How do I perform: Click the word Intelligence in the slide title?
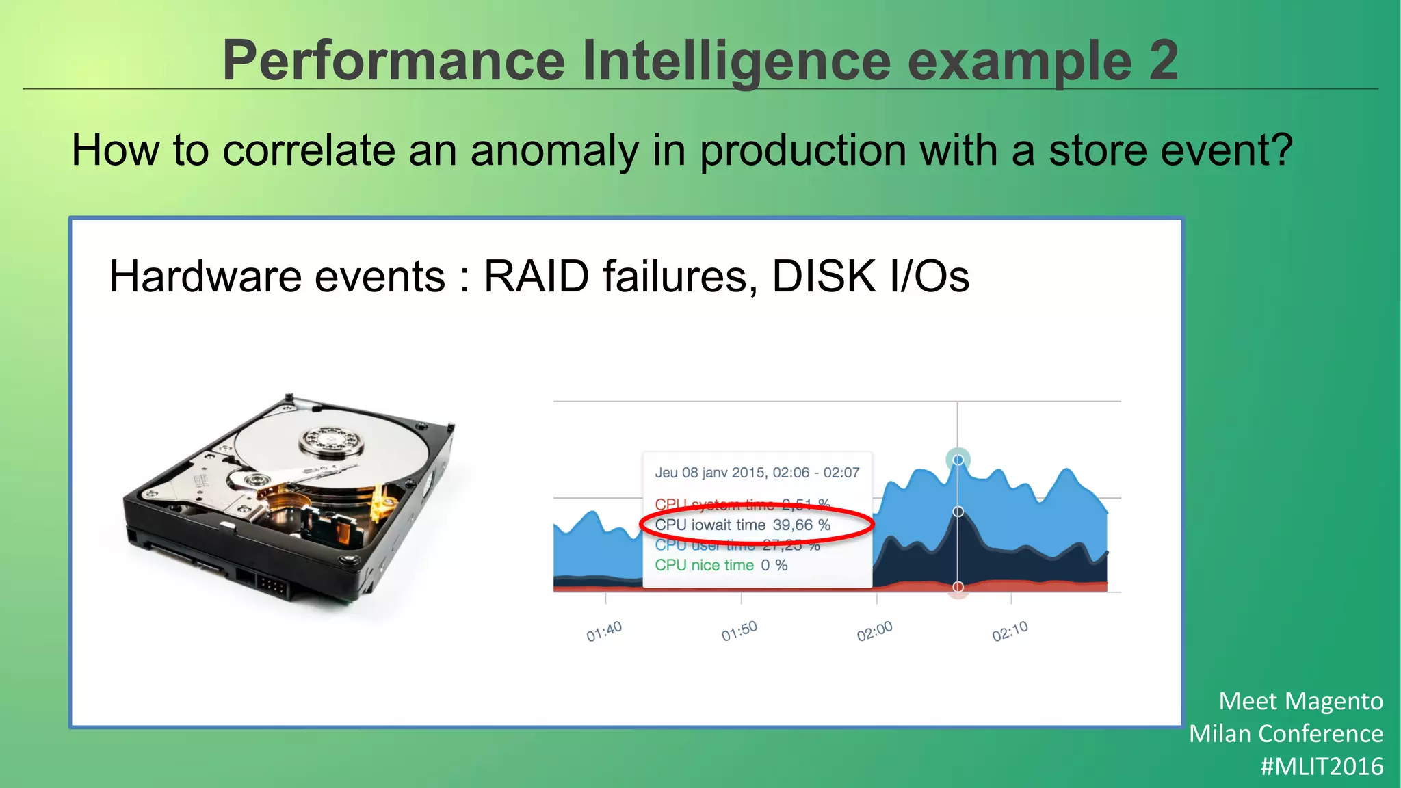(737, 62)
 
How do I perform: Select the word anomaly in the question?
(554, 150)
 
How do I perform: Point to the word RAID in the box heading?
(536, 276)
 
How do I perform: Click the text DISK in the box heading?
(824, 276)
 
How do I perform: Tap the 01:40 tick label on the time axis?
(604, 631)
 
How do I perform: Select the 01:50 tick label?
(739, 631)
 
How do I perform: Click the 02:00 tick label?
(875, 631)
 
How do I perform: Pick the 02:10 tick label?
(1010, 631)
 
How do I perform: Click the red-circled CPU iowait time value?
(801, 525)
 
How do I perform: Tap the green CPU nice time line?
(721, 566)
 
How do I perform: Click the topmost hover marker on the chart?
(958, 460)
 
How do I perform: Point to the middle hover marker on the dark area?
(958, 512)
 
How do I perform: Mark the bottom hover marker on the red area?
(958, 587)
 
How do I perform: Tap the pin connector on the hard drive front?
(272, 586)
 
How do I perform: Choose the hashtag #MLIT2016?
(1322, 767)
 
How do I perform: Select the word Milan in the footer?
(1220, 734)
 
